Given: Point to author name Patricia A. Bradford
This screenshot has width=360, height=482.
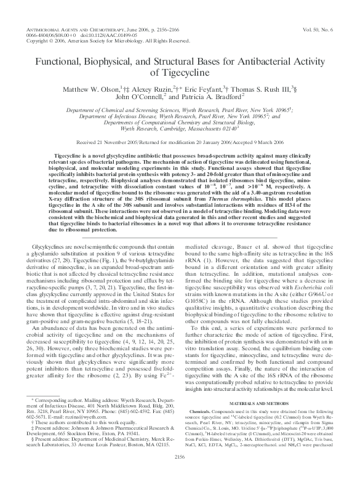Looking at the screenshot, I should pos(213,98).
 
